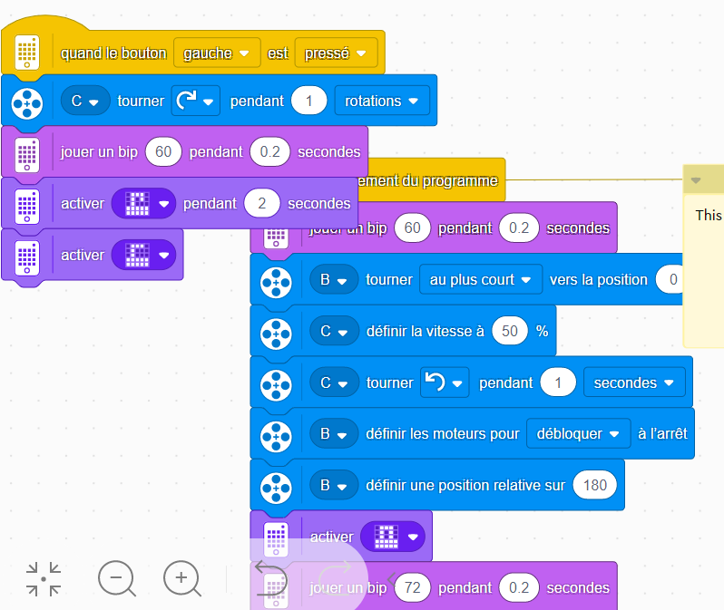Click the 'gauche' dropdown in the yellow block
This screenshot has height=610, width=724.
point(216,53)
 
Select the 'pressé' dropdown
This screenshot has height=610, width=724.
point(335,53)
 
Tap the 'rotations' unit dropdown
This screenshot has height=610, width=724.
point(381,101)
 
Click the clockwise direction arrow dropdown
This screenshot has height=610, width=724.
point(195,101)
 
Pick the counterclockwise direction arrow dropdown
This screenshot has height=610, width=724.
point(445,382)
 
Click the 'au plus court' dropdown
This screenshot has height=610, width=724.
point(480,280)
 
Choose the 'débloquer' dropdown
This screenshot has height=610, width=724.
point(578,433)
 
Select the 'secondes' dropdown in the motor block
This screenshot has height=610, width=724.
point(634,382)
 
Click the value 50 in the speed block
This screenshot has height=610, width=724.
point(510,331)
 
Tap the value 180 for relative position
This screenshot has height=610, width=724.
point(594,485)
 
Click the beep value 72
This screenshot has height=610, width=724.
point(412,587)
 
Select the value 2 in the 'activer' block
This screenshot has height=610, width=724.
point(262,204)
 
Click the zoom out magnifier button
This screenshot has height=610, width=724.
point(116,577)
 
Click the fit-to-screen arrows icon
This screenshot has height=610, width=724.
point(43,578)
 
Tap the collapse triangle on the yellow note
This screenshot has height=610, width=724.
point(696,180)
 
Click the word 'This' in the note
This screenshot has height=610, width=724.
point(708,215)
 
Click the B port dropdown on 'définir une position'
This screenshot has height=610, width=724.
point(332,485)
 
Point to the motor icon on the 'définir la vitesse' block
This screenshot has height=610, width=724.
point(274,332)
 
